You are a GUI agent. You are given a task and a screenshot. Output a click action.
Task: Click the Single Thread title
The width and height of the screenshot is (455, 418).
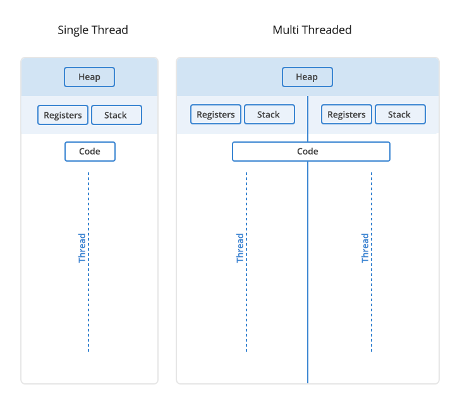coord(92,30)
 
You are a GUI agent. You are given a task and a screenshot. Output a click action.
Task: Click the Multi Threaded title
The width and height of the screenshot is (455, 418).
coord(312,30)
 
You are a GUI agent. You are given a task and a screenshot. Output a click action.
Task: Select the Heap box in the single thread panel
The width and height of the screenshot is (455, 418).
coord(89,77)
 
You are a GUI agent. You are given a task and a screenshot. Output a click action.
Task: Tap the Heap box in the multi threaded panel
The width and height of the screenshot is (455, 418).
coord(306,77)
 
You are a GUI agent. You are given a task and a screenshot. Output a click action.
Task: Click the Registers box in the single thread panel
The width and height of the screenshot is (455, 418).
coord(63,115)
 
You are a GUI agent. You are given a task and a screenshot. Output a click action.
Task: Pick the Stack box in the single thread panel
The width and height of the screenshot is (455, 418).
coord(116,115)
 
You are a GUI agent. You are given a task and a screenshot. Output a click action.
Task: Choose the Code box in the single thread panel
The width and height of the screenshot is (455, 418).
coord(90,152)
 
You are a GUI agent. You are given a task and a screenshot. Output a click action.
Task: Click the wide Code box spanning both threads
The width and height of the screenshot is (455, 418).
coord(311,152)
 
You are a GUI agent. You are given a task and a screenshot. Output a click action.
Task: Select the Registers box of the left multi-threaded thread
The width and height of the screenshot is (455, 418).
coord(215,114)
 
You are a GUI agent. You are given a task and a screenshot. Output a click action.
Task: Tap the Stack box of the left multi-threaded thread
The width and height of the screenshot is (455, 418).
coord(269,114)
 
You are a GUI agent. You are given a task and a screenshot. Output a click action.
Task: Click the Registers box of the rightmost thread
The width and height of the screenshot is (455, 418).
coord(346,114)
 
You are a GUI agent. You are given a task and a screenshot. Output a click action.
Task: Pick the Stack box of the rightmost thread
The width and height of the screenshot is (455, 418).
coord(399,114)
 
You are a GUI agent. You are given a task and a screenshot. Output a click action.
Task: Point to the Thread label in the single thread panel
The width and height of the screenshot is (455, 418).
coord(82,248)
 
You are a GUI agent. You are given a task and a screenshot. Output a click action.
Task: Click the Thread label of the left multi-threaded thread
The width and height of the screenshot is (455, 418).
coord(240,248)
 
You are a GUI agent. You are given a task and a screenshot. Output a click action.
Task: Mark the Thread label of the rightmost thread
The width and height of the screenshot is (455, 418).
coord(365,248)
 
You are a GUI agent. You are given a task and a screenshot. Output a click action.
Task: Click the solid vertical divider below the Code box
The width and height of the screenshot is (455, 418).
coord(308,272)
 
